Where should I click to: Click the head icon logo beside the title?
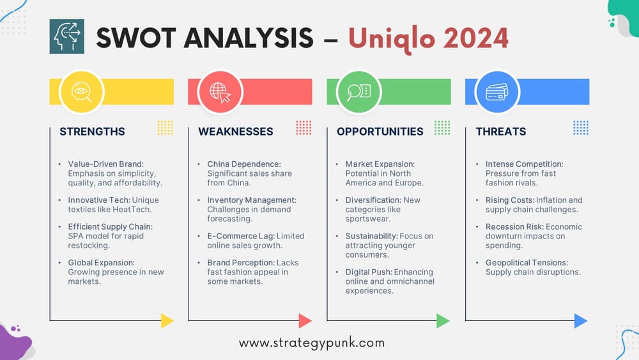point(66,36)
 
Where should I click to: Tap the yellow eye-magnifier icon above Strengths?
point(81,92)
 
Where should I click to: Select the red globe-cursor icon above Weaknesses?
point(220,92)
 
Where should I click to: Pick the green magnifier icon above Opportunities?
point(358,92)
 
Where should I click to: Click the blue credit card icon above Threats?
point(497,92)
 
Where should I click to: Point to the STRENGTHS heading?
point(92,132)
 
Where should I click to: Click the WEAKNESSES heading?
point(235,132)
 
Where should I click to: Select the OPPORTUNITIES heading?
point(380,132)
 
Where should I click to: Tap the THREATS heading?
point(500,132)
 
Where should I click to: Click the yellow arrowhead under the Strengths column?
point(167,320)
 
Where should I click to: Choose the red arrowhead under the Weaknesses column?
point(305,320)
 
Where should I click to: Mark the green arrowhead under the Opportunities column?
point(443,320)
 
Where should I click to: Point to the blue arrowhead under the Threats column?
point(581,320)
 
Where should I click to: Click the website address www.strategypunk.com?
point(312,343)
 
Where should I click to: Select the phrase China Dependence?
point(244,164)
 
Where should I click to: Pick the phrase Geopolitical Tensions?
point(527,263)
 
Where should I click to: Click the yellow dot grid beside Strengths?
point(165,127)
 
